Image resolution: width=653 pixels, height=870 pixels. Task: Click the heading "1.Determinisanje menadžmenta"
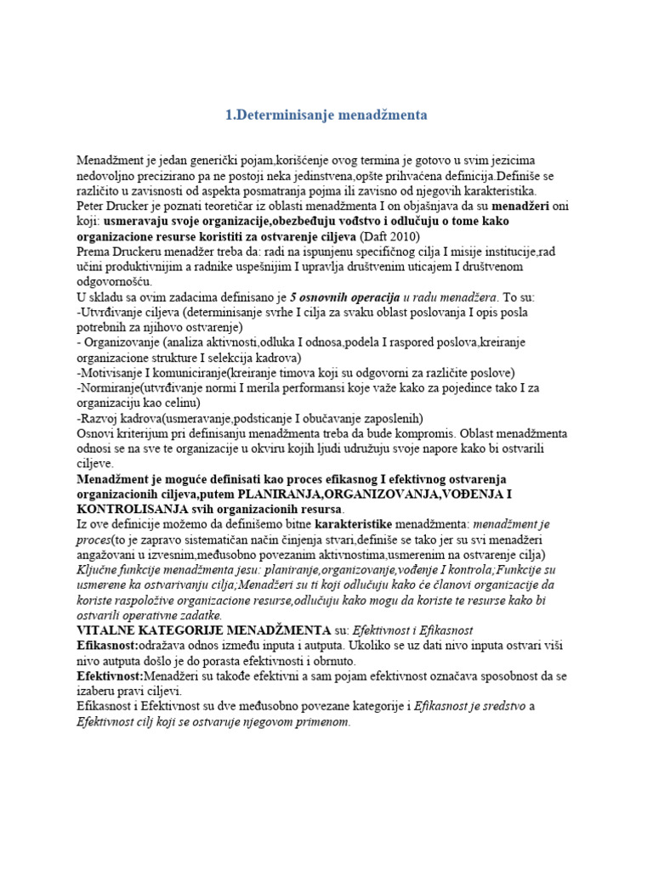pos(326,114)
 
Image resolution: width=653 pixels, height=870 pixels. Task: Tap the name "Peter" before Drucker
pos(92,206)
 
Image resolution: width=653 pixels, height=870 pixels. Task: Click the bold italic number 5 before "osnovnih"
pos(293,297)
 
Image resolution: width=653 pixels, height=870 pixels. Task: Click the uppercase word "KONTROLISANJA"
pos(132,509)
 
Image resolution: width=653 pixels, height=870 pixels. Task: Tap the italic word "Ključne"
pos(99,570)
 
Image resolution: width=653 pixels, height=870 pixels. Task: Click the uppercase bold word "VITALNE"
pos(106,630)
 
